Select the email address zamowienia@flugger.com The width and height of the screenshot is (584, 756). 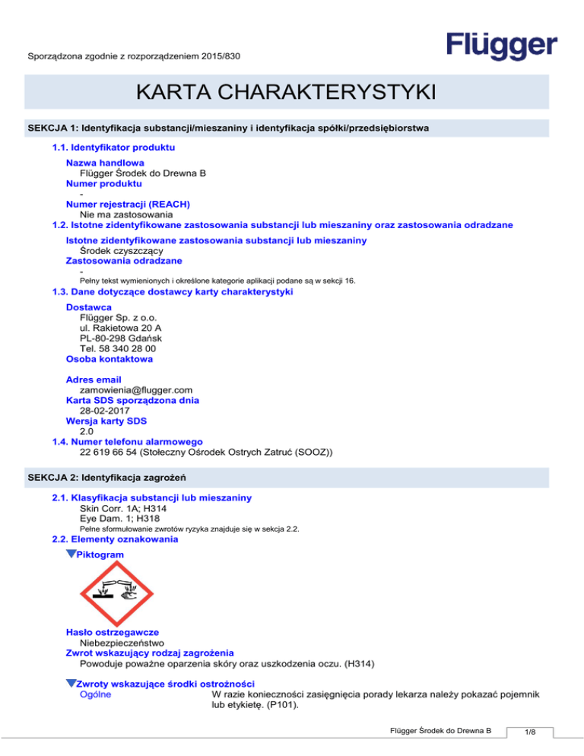pyautogui.click(x=131, y=389)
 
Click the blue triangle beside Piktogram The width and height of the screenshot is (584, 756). pyautogui.click(x=71, y=555)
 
